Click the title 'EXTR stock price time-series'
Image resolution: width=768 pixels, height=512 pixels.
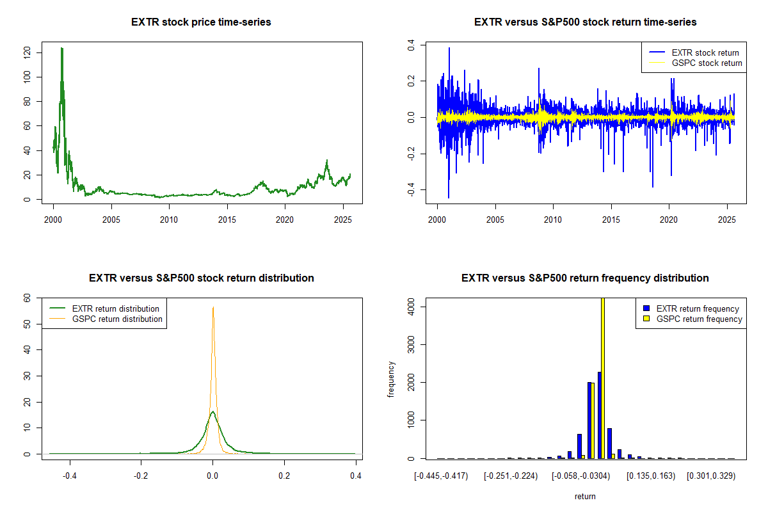[201, 22]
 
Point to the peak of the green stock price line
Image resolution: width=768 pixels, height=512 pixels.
[62, 48]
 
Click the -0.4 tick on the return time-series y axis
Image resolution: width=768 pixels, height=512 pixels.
[410, 190]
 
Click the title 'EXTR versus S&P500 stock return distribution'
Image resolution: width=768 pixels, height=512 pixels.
[201, 278]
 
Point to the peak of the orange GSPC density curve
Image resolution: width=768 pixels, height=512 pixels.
[213, 307]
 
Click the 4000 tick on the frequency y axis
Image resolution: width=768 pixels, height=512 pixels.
[410, 307]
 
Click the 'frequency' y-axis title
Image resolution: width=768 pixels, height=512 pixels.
[391, 379]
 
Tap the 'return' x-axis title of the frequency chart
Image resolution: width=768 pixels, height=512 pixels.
[585, 496]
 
